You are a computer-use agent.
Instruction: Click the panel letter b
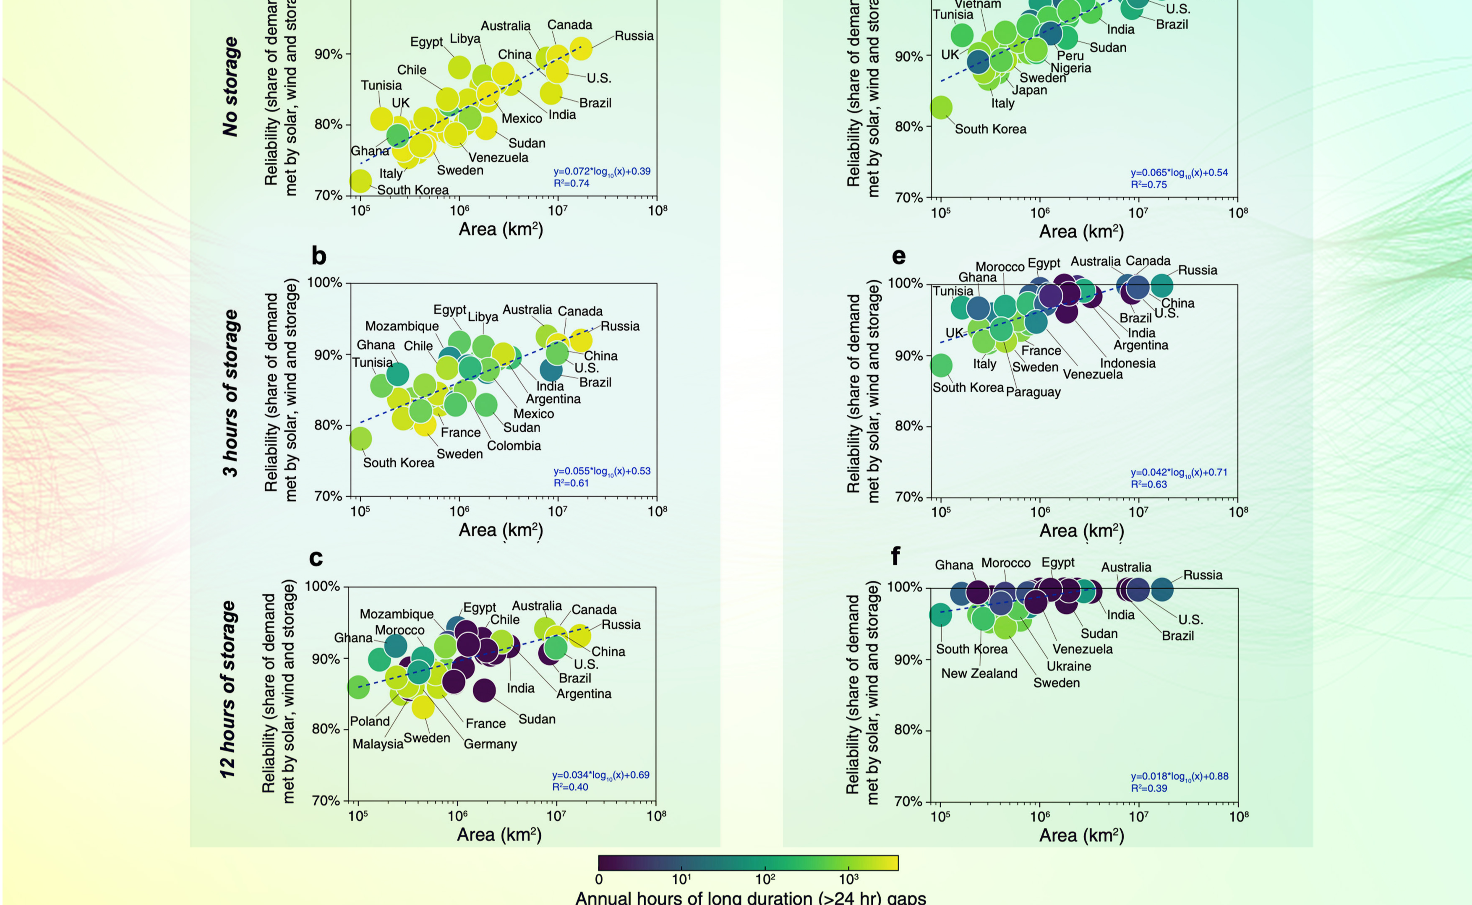click(318, 256)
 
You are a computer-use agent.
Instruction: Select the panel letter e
click(898, 256)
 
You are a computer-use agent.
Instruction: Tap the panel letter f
click(895, 556)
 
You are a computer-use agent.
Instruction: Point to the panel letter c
click(316, 558)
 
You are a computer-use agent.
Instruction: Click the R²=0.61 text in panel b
click(571, 483)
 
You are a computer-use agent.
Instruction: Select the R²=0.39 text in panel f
click(1149, 788)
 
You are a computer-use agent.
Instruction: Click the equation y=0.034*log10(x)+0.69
click(600, 775)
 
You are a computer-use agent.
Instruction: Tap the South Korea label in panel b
click(398, 463)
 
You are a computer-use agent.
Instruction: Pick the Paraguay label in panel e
click(1033, 392)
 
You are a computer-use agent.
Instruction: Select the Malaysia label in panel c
click(378, 744)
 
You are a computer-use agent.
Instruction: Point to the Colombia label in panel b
click(514, 446)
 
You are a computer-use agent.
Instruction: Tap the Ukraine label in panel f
click(1068, 666)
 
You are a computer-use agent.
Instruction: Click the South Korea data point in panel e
click(941, 365)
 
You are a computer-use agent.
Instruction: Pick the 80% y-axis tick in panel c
click(325, 729)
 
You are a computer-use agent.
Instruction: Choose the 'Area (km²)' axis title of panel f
click(1081, 836)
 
